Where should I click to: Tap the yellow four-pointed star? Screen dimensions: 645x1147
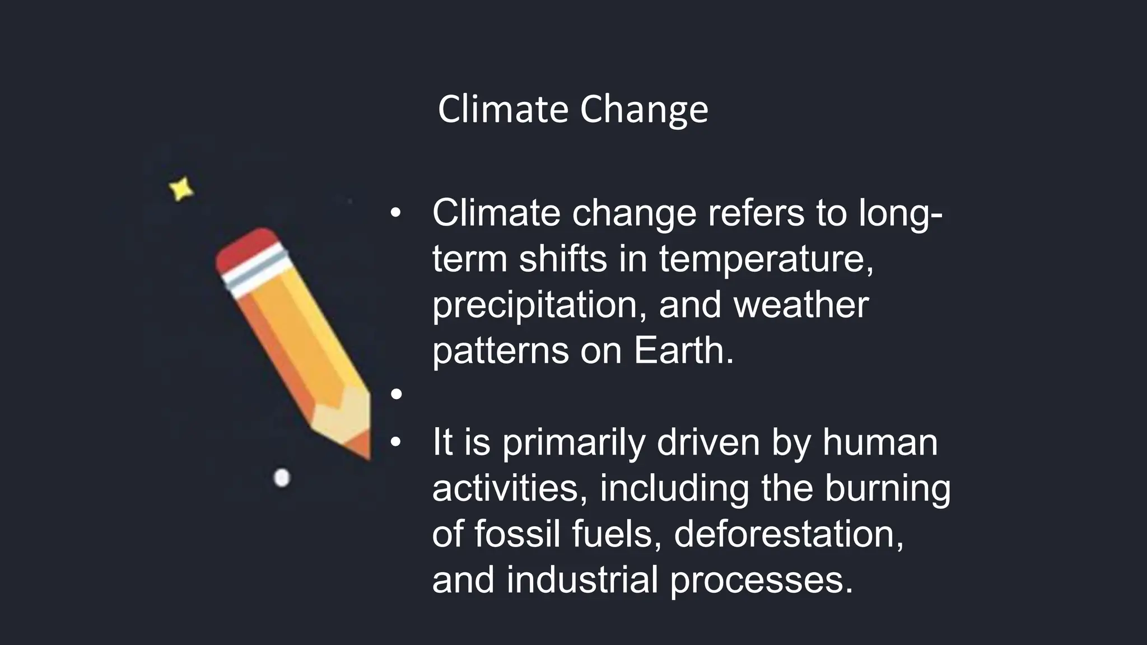coord(181,189)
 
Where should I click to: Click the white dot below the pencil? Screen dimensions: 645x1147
coord(282,478)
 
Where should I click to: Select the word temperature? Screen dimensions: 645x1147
coord(765,260)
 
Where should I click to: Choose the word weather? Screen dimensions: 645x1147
coord(801,305)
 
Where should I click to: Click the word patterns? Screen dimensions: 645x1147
coord(501,351)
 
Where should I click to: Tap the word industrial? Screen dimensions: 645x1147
coord(582,579)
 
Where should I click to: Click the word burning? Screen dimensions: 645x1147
coord(887,488)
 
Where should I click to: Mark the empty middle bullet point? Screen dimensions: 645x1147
coord(397,394)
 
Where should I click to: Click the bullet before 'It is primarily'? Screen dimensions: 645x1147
coord(397,442)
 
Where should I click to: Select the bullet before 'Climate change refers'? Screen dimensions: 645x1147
coord(397,213)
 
